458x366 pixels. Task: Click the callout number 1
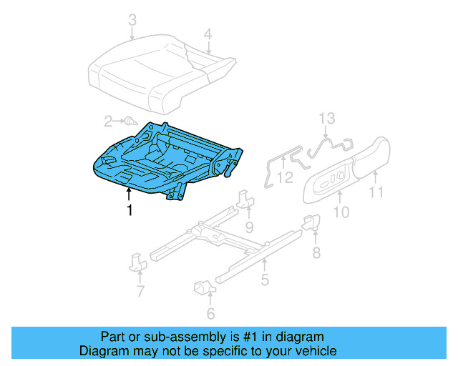(x=130, y=210)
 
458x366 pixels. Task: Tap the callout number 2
(x=109, y=121)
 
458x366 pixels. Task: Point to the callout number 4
(x=208, y=34)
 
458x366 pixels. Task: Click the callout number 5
(x=265, y=280)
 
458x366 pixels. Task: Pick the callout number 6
(x=210, y=313)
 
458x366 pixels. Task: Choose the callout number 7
(x=140, y=291)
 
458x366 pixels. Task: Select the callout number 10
(x=342, y=211)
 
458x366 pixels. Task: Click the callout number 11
(x=376, y=192)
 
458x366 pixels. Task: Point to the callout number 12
(x=285, y=176)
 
